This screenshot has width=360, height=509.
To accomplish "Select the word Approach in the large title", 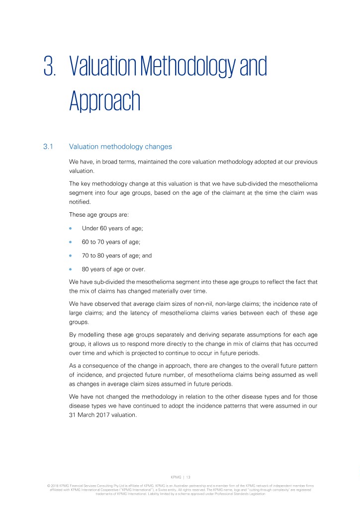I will click(x=104, y=101).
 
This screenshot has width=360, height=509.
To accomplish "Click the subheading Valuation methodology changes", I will click(x=120, y=147).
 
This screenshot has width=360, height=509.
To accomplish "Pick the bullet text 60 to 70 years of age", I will click(x=111, y=242).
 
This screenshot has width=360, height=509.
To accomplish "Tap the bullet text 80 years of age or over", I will click(x=113, y=269).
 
